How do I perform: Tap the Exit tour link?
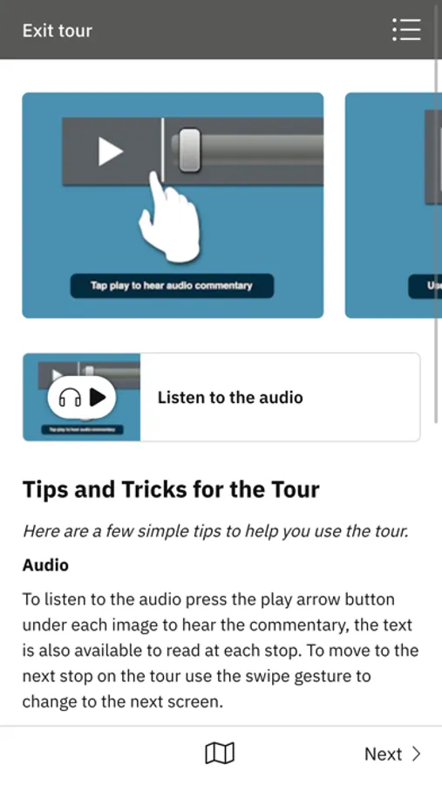pyautogui.click(x=57, y=31)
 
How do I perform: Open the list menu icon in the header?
pyautogui.click(x=406, y=30)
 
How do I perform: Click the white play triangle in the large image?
pyautogui.click(x=110, y=151)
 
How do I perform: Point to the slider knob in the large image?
pyautogui.click(x=190, y=150)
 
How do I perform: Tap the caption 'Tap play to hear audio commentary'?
pyautogui.click(x=172, y=286)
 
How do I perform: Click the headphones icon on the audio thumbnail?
pyautogui.click(x=70, y=398)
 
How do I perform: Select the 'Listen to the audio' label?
pyautogui.click(x=230, y=398)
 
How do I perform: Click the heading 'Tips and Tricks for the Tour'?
pyautogui.click(x=171, y=489)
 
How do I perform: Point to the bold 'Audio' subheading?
pyautogui.click(x=45, y=564)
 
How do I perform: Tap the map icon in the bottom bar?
pyautogui.click(x=220, y=754)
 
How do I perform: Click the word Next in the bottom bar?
pyautogui.click(x=384, y=754)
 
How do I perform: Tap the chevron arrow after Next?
pyautogui.click(x=416, y=754)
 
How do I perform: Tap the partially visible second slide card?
pyautogui.click(x=393, y=205)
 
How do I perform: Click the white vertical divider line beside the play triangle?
pyautogui.click(x=163, y=151)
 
